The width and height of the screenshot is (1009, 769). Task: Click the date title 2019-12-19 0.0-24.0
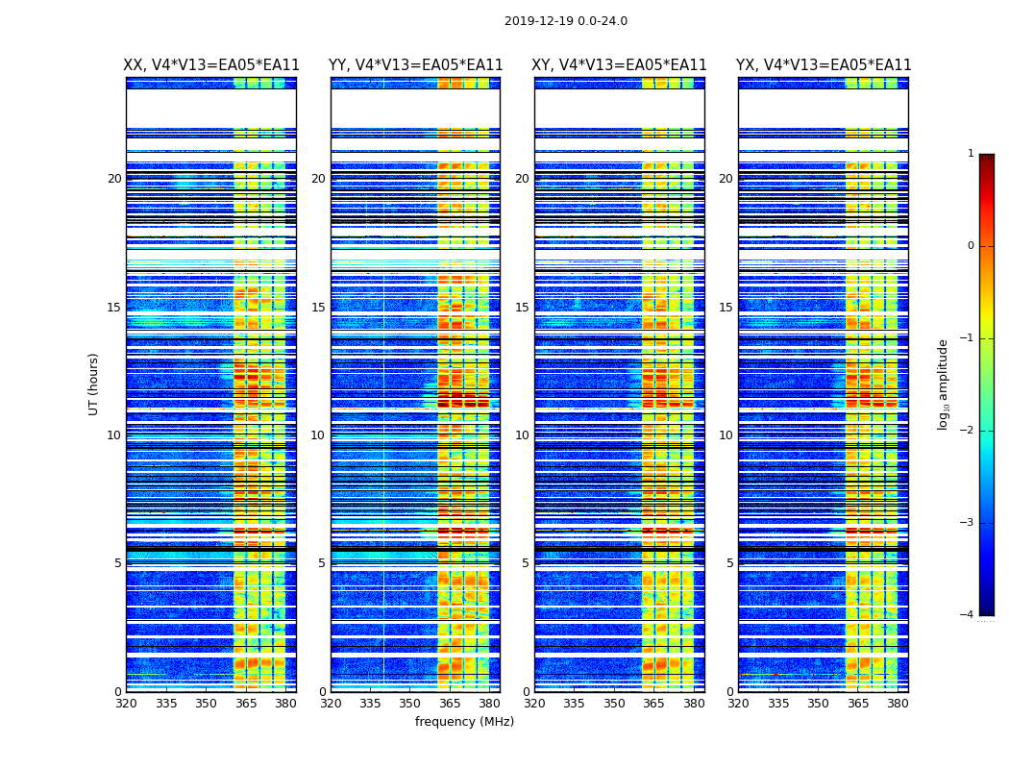pyautogui.click(x=565, y=21)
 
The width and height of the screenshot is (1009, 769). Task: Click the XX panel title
pyautogui.click(x=211, y=65)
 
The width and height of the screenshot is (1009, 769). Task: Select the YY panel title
pyautogui.click(x=415, y=65)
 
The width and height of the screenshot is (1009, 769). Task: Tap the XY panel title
pyautogui.click(x=620, y=65)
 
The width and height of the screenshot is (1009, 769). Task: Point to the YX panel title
pyautogui.click(x=824, y=65)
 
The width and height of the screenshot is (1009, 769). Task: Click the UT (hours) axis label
pyautogui.click(x=94, y=384)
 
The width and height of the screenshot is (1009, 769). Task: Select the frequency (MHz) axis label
pyautogui.click(x=464, y=722)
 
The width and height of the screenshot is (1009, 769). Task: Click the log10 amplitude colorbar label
pyautogui.click(x=944, y=384)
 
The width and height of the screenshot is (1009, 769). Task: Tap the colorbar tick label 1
pyautogui.click(x=970, y=154)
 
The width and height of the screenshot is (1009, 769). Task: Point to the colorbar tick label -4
pyautogui.click(x=967, y=615)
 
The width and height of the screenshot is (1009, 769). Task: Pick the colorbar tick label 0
pyautogui.click(x=970, y=246)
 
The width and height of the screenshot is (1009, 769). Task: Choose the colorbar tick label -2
pyautogui.click(x=967, y=431)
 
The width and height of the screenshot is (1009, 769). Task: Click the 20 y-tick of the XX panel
pyautogui.click(x=114, y=179)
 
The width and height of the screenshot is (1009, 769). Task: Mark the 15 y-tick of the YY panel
pyautogui.click(x=318, y=308)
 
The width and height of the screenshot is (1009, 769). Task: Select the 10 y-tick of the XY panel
pyautogui.click(x=522, y=435)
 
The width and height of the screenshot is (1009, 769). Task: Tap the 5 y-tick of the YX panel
pyautogui.click(x=729, y=563)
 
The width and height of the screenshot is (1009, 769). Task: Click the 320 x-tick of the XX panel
pyautogui.click(x=126, y=704)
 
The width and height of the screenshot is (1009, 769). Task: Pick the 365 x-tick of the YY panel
pyautogui.click(x=451, y=704)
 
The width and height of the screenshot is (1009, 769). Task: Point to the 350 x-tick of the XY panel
pyautogui.click(x=614, y=704)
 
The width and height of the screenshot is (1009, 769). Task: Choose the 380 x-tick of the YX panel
pyautogui.click(x=898, y=704)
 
